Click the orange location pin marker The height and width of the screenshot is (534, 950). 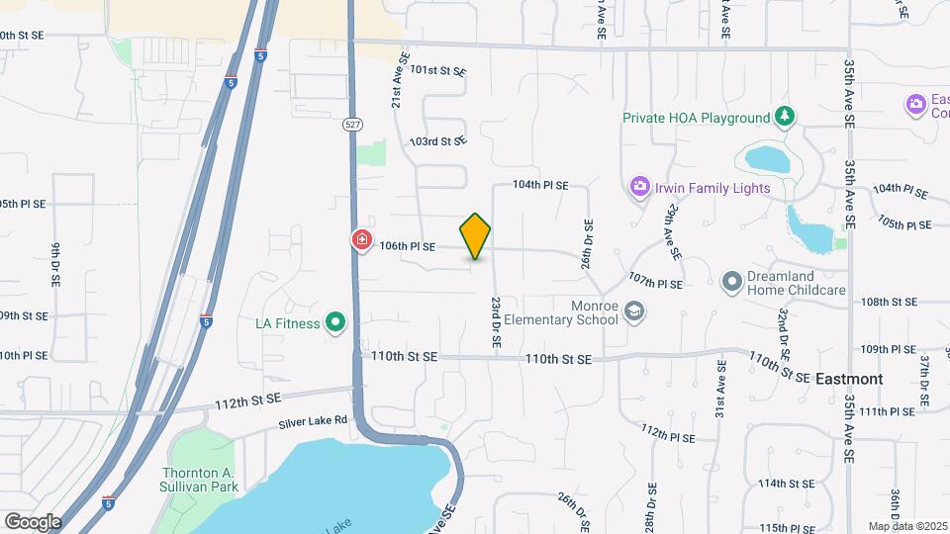click(476, 235)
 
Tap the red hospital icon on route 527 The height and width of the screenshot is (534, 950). click(362, 239)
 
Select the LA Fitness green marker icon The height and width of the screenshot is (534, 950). click(335, 321)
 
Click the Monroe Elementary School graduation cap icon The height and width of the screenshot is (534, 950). click(633, 312)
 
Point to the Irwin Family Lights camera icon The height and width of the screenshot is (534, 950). click(639, 186)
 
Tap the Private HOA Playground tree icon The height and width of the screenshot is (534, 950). click(785, 118)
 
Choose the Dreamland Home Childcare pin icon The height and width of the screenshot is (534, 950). click(732, 283)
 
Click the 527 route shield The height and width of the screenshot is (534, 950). click(352, 125)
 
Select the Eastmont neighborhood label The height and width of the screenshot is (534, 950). click(848, 378)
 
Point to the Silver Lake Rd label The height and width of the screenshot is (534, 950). click(313, 420)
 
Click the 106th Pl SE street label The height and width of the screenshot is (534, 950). click(408, 246)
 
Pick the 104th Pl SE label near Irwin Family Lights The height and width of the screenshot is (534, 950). click(540, 185)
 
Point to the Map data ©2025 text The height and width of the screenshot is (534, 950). click(907, 526)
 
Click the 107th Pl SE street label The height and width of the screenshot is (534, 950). click(655, 284)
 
